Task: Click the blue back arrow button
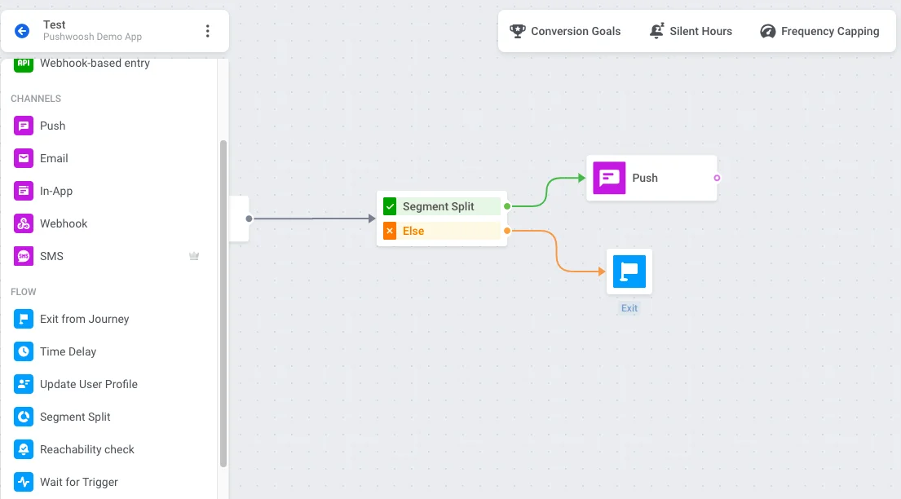(22, 31)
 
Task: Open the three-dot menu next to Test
(207, 31)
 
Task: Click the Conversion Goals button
(565, 31)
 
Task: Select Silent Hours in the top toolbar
(691, 31)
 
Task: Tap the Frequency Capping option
(819, 31)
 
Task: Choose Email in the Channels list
(54, 158)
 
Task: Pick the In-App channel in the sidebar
(56, 191)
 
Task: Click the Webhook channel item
(64, 223)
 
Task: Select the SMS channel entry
(51, 256)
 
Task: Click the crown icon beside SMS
(194, 256)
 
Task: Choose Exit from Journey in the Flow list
(84, 319)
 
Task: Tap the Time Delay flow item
(68, 351)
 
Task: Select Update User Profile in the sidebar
(88, 384)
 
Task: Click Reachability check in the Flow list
(86, 449)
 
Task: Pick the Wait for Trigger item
(78, 482)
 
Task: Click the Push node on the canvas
(651, 178)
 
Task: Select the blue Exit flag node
(629, 272)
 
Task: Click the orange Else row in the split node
(441, 231)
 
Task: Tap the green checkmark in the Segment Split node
(390, 206)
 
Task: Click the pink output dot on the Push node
(717, 178)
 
